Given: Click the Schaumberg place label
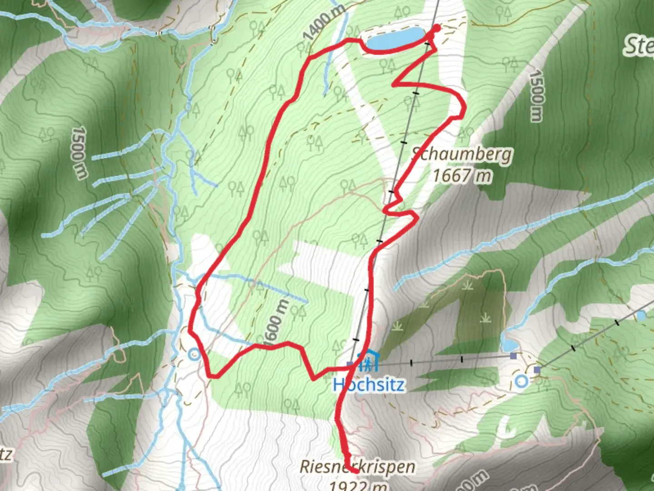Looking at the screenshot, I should pos(461,155).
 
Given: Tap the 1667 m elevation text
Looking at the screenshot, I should pos(461,175).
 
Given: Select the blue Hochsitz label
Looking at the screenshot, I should pos(368,385).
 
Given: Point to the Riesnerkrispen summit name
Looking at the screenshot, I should pos(357,466).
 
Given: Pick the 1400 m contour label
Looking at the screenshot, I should pos(323,21).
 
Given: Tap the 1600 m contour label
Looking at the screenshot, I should pos(277,322).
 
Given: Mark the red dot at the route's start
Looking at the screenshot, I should pos(437,28).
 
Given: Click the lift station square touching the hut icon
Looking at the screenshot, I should pos(349,364).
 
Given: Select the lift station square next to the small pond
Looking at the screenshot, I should pos(513,356).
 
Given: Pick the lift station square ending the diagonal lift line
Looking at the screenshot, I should pos(537,370).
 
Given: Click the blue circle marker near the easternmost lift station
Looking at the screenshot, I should pos(522,381).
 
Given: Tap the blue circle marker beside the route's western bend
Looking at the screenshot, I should pos(195,354).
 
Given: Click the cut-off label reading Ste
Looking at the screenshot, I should pos(639,45).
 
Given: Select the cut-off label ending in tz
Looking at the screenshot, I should pos(6,454).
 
